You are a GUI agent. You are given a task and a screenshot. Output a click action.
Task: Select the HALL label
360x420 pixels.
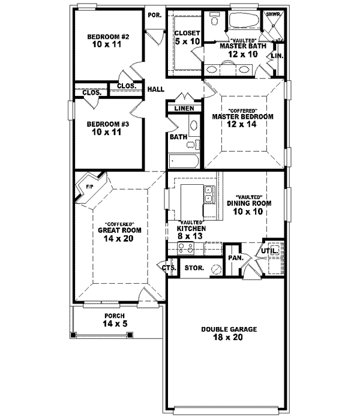[157, 88]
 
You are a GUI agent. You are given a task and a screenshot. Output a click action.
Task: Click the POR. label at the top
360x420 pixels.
[154, 14]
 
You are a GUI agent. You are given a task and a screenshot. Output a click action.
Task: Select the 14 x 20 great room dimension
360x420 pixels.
[115, 238]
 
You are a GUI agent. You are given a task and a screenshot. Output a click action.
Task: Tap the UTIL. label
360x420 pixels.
[268, 251]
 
